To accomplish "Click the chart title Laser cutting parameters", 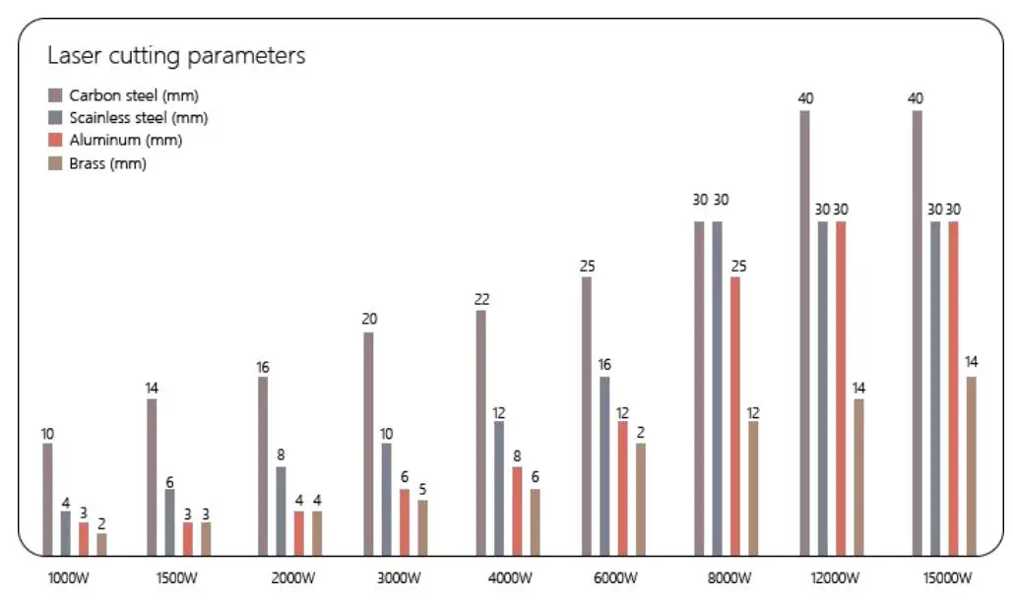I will pyautogui.click(x=176, y=55).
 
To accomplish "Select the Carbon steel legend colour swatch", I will pyautogui.click(x=55, y=95).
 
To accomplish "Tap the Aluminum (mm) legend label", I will pyautogui.click(x=125, y=141).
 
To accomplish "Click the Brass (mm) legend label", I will pyautogui.click(x=107, y=164).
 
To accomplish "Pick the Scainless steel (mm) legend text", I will pyautogui.click(x=138, y=118).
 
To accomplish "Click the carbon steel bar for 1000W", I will pyautogui.click(x=47, y=499).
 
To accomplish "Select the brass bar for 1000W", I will pyautogui.click(x=101, y=544).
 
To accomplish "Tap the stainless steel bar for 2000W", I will pyautogui.click(x=282, y=511).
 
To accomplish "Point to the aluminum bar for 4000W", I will pyautogui.click(x=517, y=511).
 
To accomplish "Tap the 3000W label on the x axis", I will pyautogui.click(x=399, y=577).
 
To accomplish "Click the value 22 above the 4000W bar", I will pyautogui.click(x=481, y=299).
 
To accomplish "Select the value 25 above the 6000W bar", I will pyautogui.click(x=588, y=266).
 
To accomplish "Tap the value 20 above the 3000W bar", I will pyautogui.click(x=369, y=320).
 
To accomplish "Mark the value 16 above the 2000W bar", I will pyautogui.click(x=263, y=367).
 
